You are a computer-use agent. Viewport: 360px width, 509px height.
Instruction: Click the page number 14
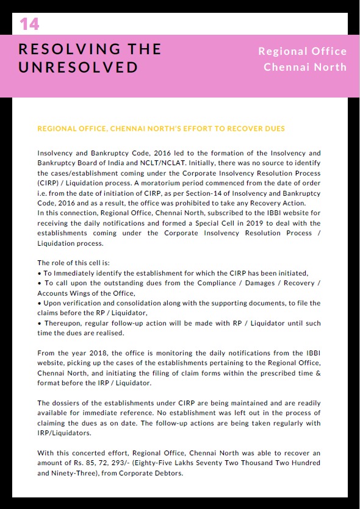tap(29, 24)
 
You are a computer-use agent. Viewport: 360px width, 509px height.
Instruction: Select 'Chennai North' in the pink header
tap(304, 66)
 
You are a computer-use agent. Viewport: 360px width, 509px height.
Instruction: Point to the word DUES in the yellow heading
tap(275, 129)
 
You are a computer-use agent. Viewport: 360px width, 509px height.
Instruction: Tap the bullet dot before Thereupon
tap(39, 322)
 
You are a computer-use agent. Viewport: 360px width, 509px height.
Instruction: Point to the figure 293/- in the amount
tap(138, 463)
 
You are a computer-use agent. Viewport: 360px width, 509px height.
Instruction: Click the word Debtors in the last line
tap(168, 473)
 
